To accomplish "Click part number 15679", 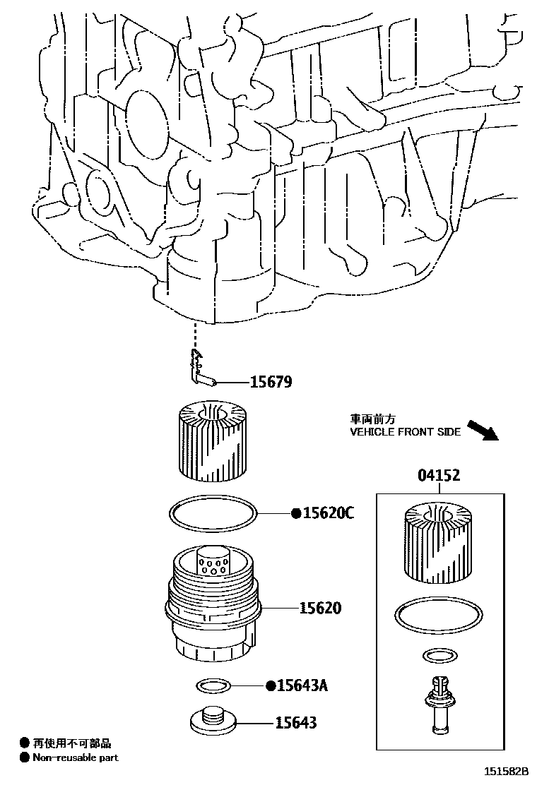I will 271,382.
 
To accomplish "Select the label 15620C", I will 328,513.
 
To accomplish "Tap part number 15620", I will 320,608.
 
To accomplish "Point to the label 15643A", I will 303,685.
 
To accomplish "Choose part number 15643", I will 296,722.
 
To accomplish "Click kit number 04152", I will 438,475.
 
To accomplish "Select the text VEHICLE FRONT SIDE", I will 406,432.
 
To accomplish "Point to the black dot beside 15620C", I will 296,513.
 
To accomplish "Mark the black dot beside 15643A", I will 271,685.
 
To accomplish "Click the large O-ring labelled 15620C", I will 211,513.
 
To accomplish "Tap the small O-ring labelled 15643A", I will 211,685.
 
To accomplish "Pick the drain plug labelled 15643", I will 211,721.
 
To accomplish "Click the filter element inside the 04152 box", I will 438,545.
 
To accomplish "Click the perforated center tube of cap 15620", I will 213,563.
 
